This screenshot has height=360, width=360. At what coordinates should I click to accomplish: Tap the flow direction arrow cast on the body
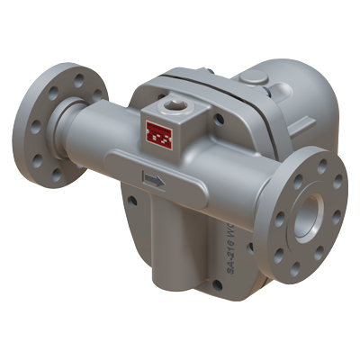pyautogui.click(x=154, y=181)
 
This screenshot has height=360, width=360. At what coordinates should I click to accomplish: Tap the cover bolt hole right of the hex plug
pyautogui.click(x=219, y=118)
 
